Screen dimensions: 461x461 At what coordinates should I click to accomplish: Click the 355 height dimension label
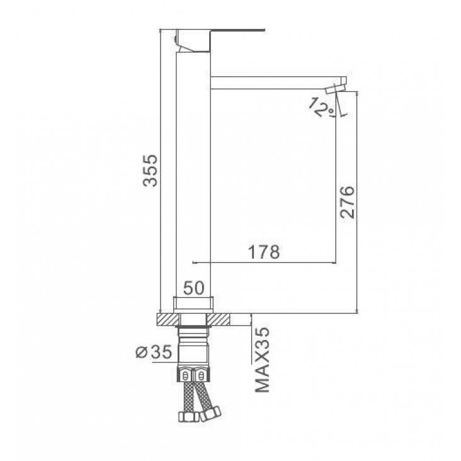[x=151, y=171]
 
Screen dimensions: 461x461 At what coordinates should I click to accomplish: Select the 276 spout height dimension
[x=347, y=202]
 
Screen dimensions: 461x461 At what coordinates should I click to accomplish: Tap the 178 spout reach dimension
[x=264, y=252]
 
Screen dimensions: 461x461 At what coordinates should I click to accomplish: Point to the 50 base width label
[x=193, y=288]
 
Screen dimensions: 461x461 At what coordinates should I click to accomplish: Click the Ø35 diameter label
[x=154, y=351]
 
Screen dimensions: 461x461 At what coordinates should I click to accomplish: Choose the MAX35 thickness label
[x=262, y=360]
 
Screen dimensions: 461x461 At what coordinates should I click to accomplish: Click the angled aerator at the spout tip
[x=336, y=89]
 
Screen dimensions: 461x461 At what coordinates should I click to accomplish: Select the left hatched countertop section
[x=168, y=319]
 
